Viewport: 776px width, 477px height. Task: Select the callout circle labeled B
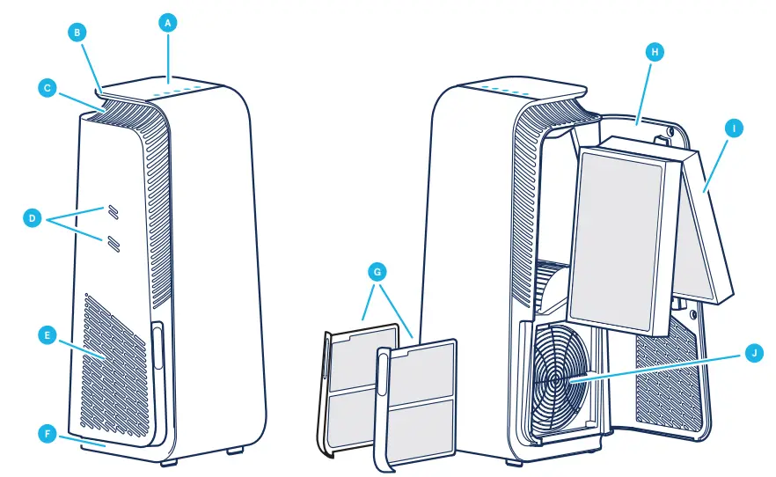(x=77, y=33)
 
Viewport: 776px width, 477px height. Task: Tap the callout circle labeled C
(x=49, y=87)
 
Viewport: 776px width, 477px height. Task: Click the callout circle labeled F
(x=49, y=433)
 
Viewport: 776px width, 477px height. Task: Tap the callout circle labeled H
(x=654, y=52)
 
